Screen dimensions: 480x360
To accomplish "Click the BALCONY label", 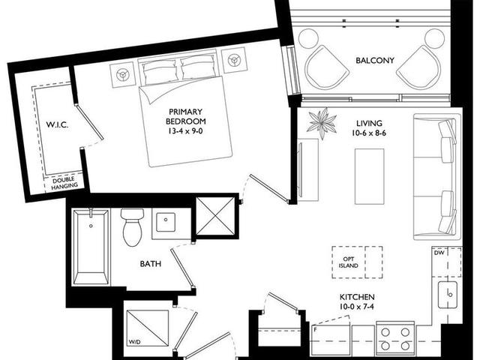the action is [x=375, y=60].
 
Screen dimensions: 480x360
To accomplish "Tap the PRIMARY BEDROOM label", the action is [x=185, y=116].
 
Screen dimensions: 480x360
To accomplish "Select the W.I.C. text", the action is [x=57, y=125].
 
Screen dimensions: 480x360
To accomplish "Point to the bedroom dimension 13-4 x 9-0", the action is [x=185, y=131].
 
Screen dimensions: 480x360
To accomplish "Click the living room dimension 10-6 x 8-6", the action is [x=369, y=133].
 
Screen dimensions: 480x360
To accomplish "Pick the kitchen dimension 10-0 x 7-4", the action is [x=357, y=307].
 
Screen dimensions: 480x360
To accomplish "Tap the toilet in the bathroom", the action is [x=132, y=227].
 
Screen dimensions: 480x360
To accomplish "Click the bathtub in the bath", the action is [x=91, y=247].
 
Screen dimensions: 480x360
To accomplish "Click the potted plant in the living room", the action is [x=322, y=123].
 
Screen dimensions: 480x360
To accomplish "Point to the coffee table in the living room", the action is [x=370, y=176].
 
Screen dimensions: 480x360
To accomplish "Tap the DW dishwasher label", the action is [x=439, y=253].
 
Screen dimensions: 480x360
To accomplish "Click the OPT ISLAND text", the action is [x=348, y=262].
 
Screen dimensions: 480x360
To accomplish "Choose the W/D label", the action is [x=133, y=342].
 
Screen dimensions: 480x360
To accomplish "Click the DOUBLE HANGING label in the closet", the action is [x=64, y=183].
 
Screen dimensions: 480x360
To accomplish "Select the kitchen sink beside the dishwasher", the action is [x=448, y=295].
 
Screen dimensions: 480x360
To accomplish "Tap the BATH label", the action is [x=150, y=263].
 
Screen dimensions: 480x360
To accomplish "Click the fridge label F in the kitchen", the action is [x=315, y=330].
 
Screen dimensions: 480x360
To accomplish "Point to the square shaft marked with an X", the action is [x=215, y=217].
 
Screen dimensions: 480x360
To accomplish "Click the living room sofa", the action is [x=437, y=177].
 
